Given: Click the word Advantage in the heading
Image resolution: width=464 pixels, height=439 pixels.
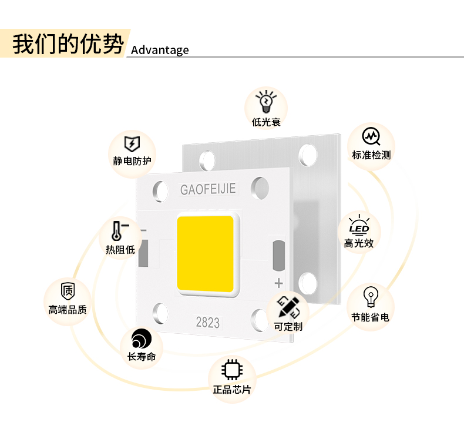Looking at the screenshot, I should (x=160, y=50).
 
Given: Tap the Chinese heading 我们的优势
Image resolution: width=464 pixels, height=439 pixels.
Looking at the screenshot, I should (x=68, y=44).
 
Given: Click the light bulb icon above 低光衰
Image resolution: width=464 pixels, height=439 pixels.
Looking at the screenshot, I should (x=266, y=102).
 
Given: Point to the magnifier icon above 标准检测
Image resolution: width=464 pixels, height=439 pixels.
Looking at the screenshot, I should (x=371, y=137).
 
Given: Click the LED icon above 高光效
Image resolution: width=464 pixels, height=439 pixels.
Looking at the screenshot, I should (x=359, y=224).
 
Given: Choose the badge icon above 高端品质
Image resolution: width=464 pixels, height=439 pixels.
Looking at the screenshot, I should (x=68, y=290).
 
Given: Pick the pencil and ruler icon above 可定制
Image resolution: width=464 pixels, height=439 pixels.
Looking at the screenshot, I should (x=288, y=306).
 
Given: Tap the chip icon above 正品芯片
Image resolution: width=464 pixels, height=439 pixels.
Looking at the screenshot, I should (x=231, y=369).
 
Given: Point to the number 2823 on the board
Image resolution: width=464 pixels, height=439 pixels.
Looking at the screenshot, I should (x=207, y=322).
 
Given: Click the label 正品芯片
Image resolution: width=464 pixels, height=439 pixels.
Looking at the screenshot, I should (x=231, y=389).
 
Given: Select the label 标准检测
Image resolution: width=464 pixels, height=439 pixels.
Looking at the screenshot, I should (x=371, y=155).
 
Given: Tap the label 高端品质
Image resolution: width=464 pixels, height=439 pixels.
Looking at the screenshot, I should (x=68, y=309).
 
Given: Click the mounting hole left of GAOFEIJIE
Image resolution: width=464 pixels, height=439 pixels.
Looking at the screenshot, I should (x=159, y=190).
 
